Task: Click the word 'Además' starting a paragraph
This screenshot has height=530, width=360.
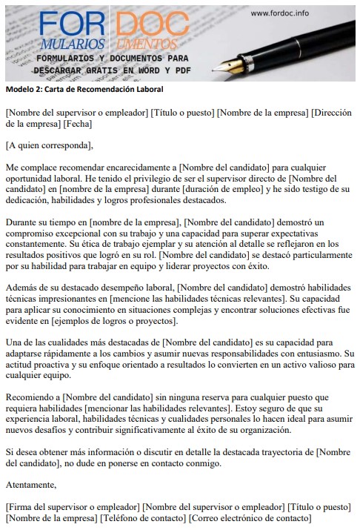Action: click(22, 288)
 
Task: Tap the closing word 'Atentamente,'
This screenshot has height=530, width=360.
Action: click(30, 485)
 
